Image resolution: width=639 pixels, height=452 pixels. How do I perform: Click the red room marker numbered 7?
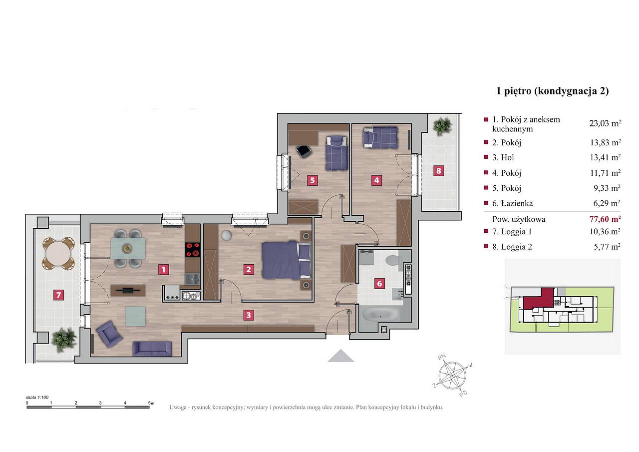point(58,295)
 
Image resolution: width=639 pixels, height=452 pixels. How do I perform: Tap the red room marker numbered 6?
point(379,283)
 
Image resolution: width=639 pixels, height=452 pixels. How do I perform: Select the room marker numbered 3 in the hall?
point(249,315)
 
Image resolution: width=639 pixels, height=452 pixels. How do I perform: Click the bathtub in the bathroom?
point(380,315)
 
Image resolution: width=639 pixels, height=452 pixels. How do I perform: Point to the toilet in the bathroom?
point(394,259)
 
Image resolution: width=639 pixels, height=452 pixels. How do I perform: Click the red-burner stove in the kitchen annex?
point(193,249)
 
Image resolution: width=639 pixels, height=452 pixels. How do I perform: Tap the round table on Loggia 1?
point(58,254)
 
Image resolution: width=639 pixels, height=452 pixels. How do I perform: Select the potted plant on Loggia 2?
point(442,126)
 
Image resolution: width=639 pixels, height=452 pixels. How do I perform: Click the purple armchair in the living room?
point(109,334)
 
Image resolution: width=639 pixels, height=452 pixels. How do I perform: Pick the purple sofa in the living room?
point(152,349)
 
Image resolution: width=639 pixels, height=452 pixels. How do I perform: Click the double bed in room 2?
point(286,260)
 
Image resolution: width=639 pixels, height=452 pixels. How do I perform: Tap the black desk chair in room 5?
point(304,151)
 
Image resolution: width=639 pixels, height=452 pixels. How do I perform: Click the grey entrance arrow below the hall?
point(340,356)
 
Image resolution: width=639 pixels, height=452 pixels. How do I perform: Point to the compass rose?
point(452,375)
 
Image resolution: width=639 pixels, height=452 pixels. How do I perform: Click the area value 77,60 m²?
point(605,219)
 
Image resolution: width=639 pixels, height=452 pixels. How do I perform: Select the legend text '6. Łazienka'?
point(512,203)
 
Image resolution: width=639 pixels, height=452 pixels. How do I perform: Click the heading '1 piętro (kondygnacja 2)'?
point(553,91)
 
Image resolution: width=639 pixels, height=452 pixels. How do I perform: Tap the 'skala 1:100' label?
point(37,397)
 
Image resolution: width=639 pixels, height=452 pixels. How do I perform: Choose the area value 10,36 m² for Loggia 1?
point(605,231)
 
